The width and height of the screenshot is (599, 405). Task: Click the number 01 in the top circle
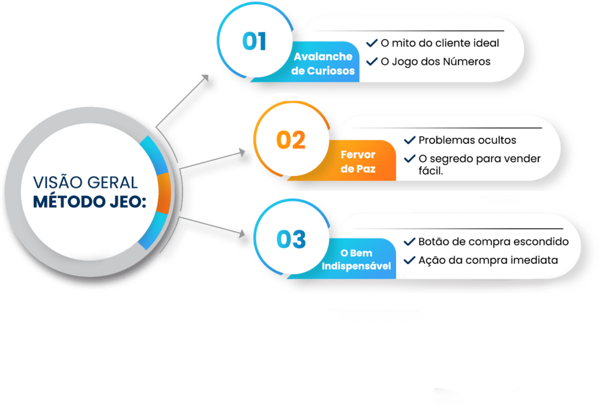pyautogui.click(x=254, y=41)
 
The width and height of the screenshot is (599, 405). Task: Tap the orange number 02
pyautogui.click(x=291, y=140)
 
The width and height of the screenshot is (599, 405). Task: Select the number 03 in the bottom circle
pyautogui.click(x=291, y=240)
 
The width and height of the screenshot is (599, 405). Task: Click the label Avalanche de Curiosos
pyautogui.click(x=323, y=63)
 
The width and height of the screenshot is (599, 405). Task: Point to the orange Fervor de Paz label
pyautogui.click(x=358, y=161)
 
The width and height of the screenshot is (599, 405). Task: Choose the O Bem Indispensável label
pyautogui.click(x=356, y=259)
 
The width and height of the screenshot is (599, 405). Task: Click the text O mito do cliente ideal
pyautogui.click(x=440, y=43)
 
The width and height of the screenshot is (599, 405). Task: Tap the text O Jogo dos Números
pyautogui.click(x=435, y=61)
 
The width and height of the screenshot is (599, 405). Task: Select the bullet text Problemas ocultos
pyautogui.click(x=467, y=140)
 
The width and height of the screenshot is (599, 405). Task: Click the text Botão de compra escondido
pyautogui.click(x=494, y=241)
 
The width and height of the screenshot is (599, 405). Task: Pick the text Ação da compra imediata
pyautogui.click(x=488, y=260)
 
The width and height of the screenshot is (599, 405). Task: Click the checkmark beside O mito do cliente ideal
pyautogui.click(x=371, y=43)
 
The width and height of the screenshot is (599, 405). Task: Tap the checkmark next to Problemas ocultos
pyautogui.click(x=409, y=140)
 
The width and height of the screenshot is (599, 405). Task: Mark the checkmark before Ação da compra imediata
pyautogui.click(x=409, y=260)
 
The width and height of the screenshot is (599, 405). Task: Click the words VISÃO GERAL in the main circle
pyautogui.click(x=85, y=182)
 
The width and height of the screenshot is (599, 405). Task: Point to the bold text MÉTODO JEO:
pyautogui.click(x=89, y=202)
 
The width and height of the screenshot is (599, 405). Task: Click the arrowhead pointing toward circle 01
pyautogui.click(x=205, y=78)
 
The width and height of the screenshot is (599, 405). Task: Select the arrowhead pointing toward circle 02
pyautogui.click(x=242, y=153)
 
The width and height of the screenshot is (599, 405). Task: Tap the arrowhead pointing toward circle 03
pyautogui.click(x=242, y=234)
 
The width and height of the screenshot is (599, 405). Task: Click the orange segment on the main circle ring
pyautogui.click(x=164, y=193)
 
